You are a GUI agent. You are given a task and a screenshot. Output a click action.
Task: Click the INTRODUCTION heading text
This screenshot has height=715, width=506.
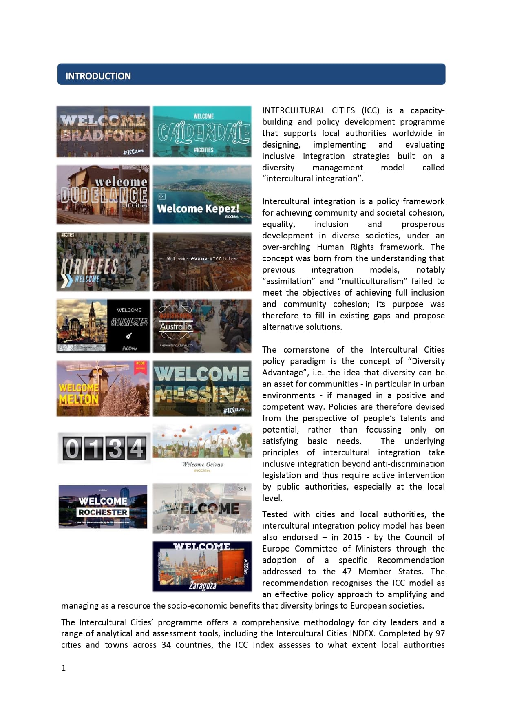(98, 76)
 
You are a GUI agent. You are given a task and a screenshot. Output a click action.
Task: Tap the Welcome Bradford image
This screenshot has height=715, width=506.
(103, 132)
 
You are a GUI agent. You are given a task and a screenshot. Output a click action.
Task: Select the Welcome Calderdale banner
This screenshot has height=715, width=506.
(202, 132)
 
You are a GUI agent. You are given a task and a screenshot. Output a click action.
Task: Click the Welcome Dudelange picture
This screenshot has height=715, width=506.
(103, 194)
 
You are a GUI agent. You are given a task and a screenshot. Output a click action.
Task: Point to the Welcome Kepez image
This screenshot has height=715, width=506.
(202, 194)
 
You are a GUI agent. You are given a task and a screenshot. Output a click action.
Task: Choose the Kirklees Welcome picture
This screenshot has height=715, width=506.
(103, 262)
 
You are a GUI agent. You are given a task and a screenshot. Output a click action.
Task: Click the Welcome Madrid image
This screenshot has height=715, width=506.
(202, 262)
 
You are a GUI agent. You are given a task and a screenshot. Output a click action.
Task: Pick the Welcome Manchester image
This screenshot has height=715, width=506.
(103, 326)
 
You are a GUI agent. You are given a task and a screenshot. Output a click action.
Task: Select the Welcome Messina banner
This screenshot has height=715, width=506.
(202, 388)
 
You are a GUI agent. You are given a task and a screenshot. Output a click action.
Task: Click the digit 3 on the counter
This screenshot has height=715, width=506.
(115, 448)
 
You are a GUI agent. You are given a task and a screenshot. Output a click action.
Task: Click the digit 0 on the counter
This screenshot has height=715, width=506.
(72, 448)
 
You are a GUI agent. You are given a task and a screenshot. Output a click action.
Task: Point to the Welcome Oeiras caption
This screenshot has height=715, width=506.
(202, 464)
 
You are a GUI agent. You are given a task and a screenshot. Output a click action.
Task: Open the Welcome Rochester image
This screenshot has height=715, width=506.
(103, 507)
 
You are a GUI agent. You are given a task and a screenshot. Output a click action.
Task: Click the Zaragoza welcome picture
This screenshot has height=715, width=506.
(202, 566)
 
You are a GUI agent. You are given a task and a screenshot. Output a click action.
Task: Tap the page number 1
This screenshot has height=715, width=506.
(63, 668)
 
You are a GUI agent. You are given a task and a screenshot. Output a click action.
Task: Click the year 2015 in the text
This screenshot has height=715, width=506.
(352, 537)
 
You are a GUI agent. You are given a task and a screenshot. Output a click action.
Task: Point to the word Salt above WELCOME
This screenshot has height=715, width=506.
(242, 488)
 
